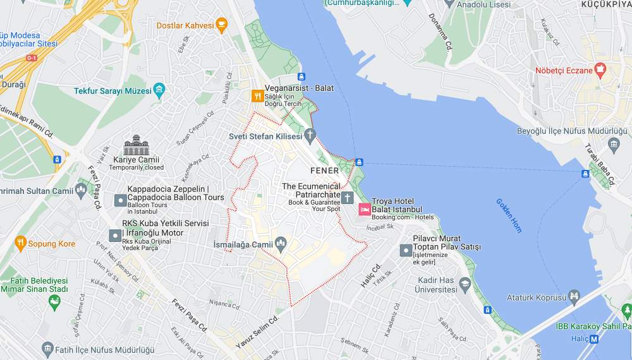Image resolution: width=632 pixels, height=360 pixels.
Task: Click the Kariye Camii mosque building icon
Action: point(136,145)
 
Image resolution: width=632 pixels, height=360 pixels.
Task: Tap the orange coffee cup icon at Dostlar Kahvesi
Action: point(221,25)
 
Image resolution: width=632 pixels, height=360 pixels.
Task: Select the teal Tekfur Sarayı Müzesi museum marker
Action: point(159,90)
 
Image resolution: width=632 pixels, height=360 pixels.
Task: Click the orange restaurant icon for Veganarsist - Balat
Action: point(257,97)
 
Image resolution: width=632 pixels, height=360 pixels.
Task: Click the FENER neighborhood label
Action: point(324,171)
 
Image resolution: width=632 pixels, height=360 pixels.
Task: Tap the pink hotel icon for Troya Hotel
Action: point(365,209)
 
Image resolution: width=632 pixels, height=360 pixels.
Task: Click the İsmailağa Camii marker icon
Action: point(281,244)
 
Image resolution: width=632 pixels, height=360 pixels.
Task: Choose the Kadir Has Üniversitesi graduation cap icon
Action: point(465,284)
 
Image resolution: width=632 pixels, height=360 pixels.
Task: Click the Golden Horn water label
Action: point(509,215)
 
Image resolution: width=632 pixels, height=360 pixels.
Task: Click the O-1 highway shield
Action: point(32,58)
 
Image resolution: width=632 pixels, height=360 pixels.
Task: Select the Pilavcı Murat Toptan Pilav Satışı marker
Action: point(406,251)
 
